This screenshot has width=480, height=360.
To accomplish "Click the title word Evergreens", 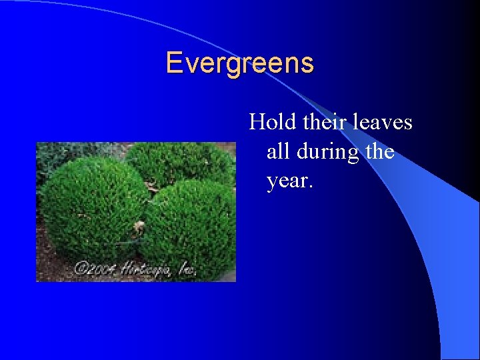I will [x=239, y=63].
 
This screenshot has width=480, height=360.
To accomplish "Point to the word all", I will [x=278, y=151].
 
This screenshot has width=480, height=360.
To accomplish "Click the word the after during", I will [x=380, y=151].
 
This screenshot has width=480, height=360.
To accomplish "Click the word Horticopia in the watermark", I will [x=146, y=268].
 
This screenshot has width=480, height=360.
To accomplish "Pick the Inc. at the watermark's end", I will [x=185, y=269].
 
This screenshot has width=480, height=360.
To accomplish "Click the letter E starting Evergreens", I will [x=173, y=63].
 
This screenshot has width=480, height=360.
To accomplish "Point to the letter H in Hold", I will [x=256, y=122].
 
